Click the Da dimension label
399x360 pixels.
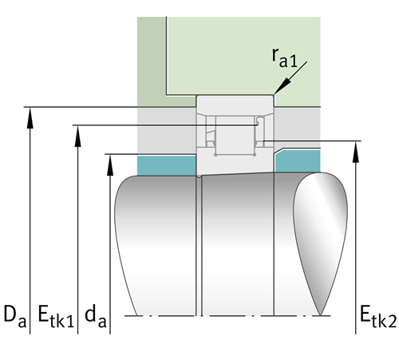[x=15, y=316]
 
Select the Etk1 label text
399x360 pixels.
[x=56, y=316]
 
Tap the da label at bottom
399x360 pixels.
[x=96, y=316]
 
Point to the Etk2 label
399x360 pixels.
[x=378, y=316]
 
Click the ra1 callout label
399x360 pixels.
[x=284, y=57]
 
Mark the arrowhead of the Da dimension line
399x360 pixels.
[x=30, y=117]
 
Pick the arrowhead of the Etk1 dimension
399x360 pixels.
[x=77, y=136]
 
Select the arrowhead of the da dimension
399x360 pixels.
[x=110, y=165]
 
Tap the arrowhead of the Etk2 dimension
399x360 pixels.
[x=356, y=152]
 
